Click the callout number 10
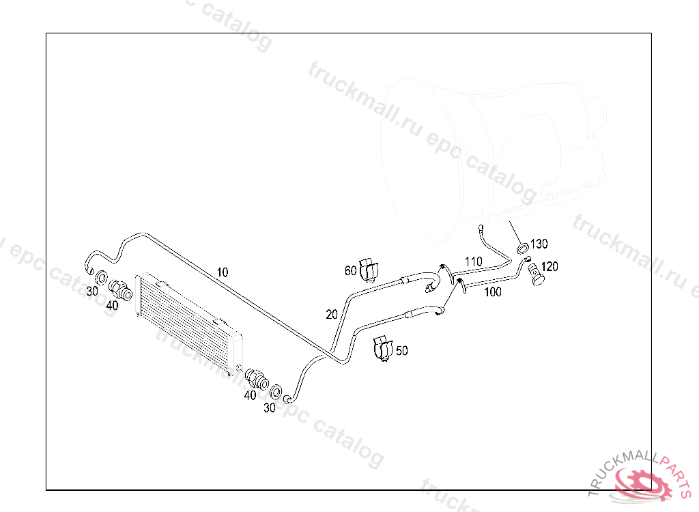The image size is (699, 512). (x=223, y=272)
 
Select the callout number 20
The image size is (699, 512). (x=332, y=314)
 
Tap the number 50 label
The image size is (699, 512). (x=402, y=351)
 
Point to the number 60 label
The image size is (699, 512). (x=351, y=271)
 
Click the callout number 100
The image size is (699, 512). (x=492, y=292)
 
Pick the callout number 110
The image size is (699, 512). (x=474, y=261)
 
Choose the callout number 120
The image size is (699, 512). (x=550, y=266)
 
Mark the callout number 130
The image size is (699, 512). (x=539, y=244)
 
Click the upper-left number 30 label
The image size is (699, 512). (x=92, y=291)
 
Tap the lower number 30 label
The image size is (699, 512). (x=270, y=408)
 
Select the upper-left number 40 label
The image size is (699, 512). (x=112, y=305)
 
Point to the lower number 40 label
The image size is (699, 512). (x=251, y=395)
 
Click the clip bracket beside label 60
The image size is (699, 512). (x=369, y=269)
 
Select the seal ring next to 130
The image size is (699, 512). (x=522, y=246)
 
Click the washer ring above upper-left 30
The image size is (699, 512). (x=100, y=278)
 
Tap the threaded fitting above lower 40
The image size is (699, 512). (x=255, y=377)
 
